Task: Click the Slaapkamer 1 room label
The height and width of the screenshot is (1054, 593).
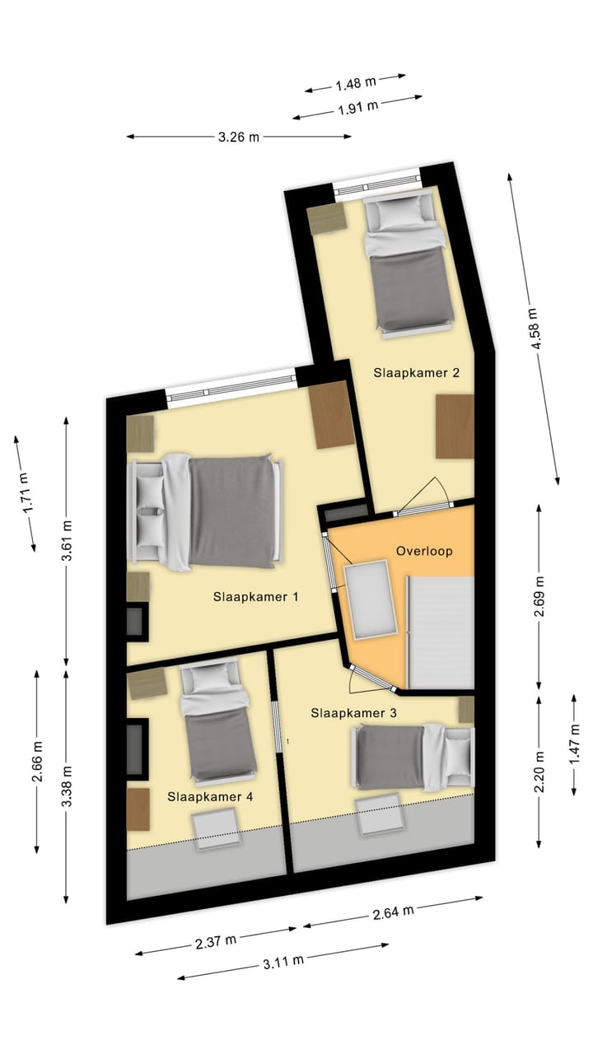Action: (255, 596)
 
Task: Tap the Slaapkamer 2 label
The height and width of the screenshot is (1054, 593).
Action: (416, 372)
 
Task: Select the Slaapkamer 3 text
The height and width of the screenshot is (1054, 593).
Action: (353, 713)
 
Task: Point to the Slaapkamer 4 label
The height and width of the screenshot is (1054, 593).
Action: (210, 796)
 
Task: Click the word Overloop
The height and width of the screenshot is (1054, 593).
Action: (424, 551)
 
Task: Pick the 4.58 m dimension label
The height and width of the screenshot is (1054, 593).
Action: (534, 329)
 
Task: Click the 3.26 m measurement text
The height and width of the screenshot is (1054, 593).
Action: (239, 138)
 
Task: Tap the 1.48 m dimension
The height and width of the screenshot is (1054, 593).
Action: (356, 82)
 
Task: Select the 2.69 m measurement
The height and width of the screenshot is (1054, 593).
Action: (539, 597)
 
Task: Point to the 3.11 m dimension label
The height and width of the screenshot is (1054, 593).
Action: (283, 960)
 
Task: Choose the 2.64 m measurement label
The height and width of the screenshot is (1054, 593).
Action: (393, 912)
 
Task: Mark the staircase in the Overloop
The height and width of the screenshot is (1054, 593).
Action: (441, 632)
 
